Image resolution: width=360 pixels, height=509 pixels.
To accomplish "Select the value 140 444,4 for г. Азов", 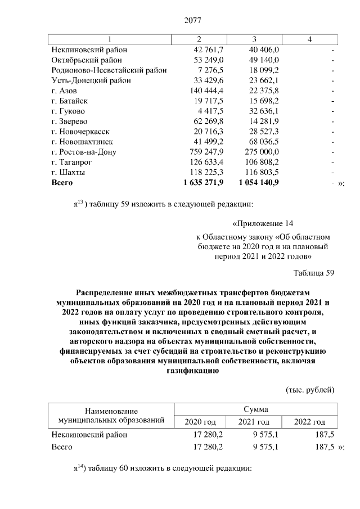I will (206, 90).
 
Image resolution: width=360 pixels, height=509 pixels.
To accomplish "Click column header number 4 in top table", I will (310, 38).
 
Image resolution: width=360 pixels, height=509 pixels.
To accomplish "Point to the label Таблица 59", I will (314, 273).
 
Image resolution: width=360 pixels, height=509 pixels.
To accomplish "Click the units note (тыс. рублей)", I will (310, 390).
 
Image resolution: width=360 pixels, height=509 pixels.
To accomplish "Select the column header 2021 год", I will (254, 422).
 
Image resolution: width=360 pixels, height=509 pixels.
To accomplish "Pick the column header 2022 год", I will (310, 422).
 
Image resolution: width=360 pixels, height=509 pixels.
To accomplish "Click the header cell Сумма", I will (255, 409).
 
